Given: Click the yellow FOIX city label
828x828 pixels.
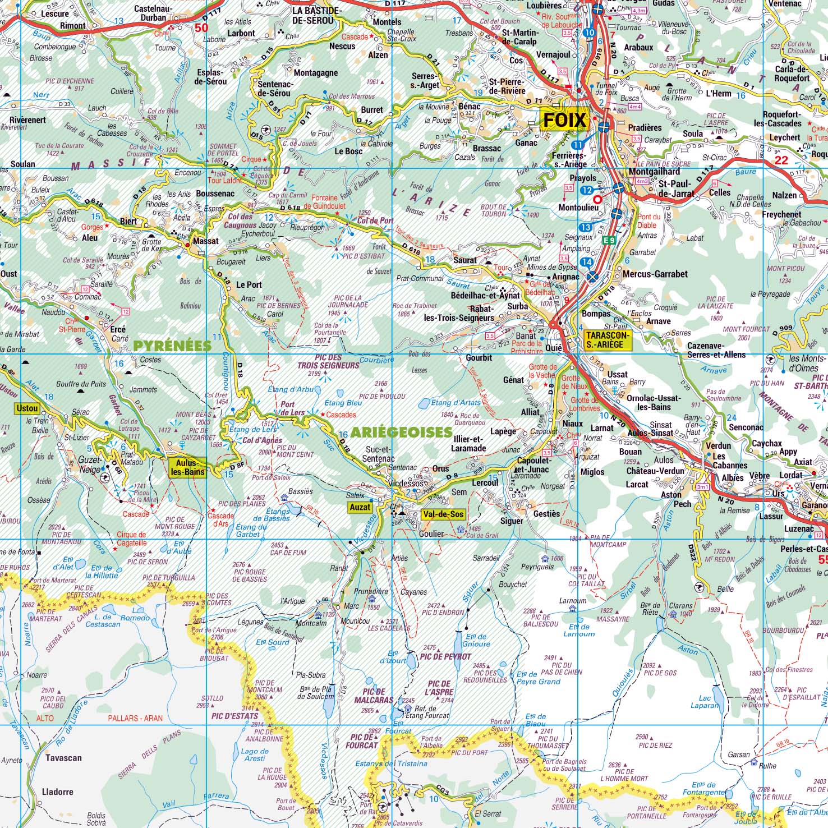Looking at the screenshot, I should point(564,120).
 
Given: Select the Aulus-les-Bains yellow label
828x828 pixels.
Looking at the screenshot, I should point(187,467).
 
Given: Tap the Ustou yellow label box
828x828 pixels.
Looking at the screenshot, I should point(27,408).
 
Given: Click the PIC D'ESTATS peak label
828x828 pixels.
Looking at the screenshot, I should point(235,716).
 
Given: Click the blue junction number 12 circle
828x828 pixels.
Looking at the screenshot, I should point(587,191).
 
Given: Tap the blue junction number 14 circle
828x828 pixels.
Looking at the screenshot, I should point(587,262).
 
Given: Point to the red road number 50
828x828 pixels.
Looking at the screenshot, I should point(201,27).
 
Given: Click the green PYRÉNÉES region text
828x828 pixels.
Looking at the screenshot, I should point(172,346).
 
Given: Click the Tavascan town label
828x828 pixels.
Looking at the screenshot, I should point(63,758).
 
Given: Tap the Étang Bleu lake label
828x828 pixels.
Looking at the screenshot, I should point(343,403).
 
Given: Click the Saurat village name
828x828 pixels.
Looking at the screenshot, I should point(464,260).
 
